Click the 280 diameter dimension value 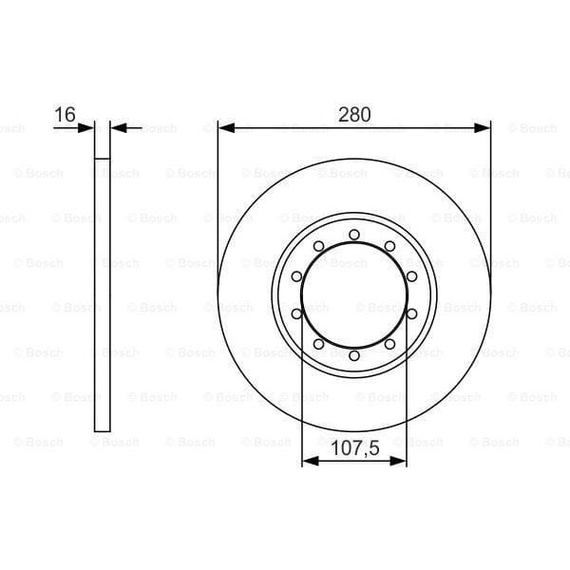pos(354,114)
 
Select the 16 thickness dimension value pos(66,114)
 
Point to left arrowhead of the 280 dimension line pos(225,126)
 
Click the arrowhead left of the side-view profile pos(88,126)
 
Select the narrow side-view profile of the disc pos(103,285)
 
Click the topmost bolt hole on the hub pos(354,234)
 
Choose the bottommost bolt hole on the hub pos(354,355)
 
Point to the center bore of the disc pos(354,294)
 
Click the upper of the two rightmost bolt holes pos(411,276)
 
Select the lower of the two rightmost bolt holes pos(411,313)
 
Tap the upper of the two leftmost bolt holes pos(296,276)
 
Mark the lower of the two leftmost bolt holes pos(296,313)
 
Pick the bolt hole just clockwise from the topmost pos(389,245)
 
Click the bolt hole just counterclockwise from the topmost pos(318,245)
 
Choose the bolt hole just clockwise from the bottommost pos(318,344)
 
